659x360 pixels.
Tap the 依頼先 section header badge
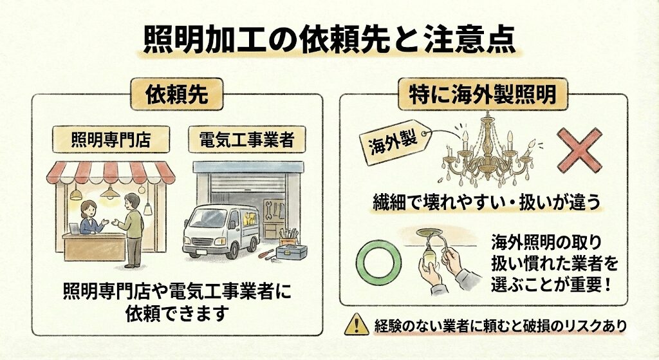pyautogui.click(x=177, y=94)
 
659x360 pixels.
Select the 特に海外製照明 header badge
pyautogui.click(x=483, y=94)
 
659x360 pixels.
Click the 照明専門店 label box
pyautogui.click(x=111, y=140)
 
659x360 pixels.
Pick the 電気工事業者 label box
pyautogui.click(x=246, y=140)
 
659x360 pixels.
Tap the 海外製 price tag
pyautogui.click(x=395, y=143)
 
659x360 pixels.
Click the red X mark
pyautogui.click(x=580, y=150)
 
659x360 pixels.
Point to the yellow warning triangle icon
pyautogui.click(x=357, y=324)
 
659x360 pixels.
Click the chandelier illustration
pyautogui.click(x=488, y=151)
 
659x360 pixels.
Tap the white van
pyautogui.click(x=221, y=231)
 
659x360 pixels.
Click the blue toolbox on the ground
pyautogui.click(x=292, y=252)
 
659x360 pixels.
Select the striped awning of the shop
pyautogui.click(x=111, y=173)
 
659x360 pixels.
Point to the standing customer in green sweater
pyautogui.click(x=132, y=230)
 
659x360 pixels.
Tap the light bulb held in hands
pyautogui.click(x=429, y=255)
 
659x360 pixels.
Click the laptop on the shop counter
pyautogui.click(x=75, y=229)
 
